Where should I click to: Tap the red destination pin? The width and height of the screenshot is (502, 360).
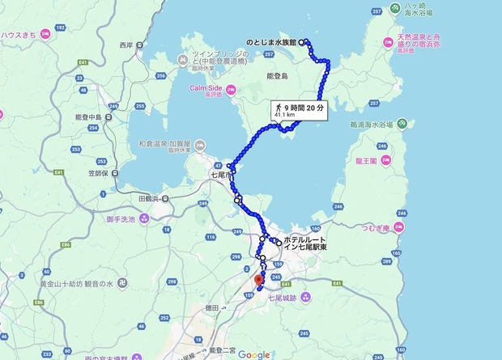(258, 281)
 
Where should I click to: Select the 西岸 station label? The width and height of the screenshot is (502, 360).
(125, 44)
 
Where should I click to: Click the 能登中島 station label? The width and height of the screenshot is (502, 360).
(86, 116)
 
